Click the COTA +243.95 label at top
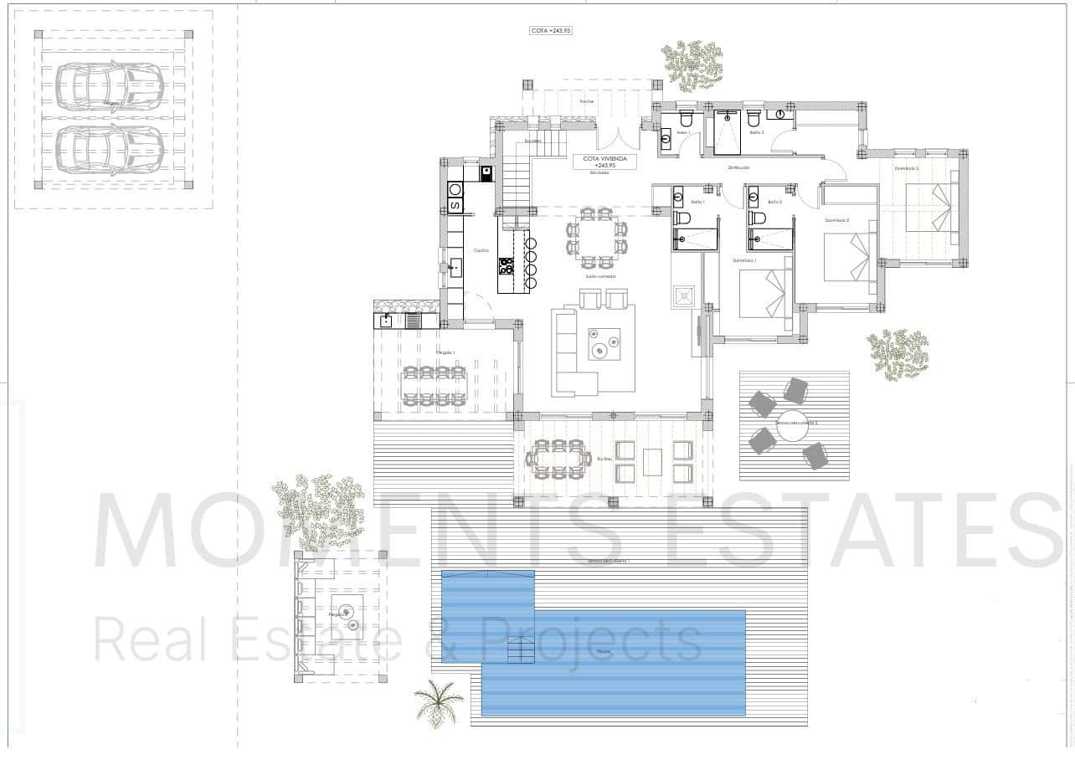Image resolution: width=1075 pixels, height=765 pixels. point(550,30)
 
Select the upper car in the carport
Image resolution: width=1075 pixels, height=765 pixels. point(109,85)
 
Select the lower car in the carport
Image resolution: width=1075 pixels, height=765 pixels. point(109,149)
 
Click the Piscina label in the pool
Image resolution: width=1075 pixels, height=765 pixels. point(604,651)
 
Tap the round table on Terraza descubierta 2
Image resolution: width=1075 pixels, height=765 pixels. point(792,422)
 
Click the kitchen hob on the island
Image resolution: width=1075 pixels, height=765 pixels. point(507,266)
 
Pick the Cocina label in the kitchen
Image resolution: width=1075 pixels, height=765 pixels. point(481,250)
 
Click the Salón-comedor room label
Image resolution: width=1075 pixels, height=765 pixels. point(600,275)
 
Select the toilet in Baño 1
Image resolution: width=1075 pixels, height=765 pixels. point(682,218)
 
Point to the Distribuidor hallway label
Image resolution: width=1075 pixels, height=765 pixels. point(738,167)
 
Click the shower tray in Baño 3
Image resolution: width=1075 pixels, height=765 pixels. point(728,131)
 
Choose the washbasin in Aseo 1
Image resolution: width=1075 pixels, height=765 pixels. point(666,141)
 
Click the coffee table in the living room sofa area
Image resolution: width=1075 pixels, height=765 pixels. point(604,343)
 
